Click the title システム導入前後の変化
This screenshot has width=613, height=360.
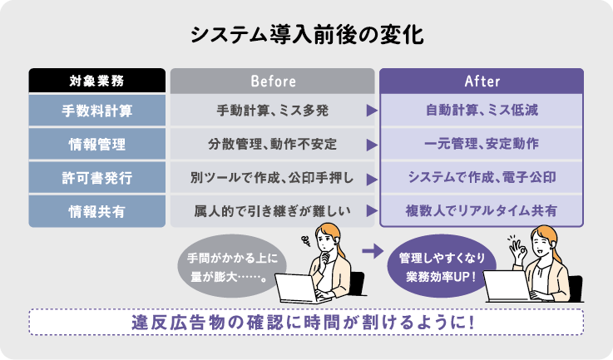[x=307, y=36]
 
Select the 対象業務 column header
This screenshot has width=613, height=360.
[x=97, y=81]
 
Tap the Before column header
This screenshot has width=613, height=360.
[x=273, y=81]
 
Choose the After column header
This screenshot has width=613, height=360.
[x=482, y=81]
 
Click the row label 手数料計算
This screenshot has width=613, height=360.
[x=97, y=111]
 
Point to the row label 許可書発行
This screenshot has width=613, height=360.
[x=97, y=178]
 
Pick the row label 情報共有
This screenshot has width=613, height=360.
[x=97, y=211]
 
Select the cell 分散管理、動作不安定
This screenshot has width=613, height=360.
[x=273, y=144]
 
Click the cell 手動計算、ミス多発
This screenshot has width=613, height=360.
[x=273, y=111]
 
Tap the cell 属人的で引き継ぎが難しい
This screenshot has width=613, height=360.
[x=273, y=211]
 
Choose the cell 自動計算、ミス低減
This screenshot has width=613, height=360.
[x=482, y=111]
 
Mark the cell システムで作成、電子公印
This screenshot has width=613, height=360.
[x=482, y=177]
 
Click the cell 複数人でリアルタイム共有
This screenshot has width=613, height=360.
[x=482, y=211]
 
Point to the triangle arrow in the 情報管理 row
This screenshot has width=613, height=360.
[x=372, y=145]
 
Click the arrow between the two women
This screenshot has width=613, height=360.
[x=373, y=251]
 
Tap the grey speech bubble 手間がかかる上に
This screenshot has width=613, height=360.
[x=232, y=266]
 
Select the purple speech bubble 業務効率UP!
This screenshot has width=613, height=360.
[x=442, y=266]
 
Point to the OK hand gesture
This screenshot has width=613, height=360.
[x=518, y=250]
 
